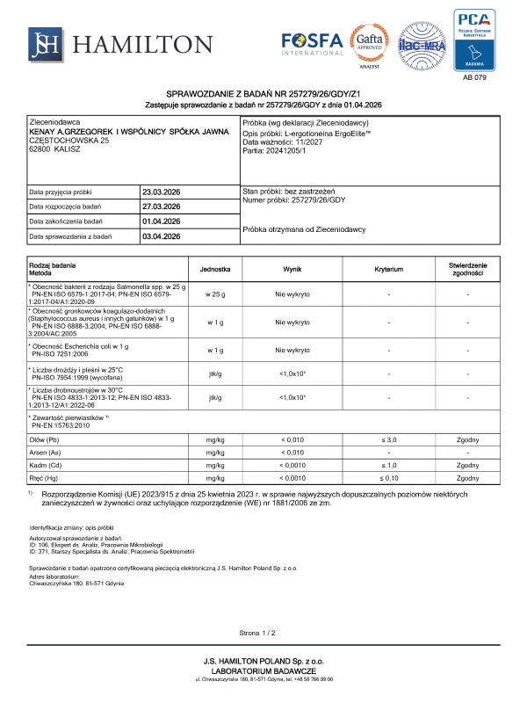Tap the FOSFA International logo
coord(313,43)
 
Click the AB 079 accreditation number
coord(473,78)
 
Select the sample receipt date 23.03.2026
coord(161,192)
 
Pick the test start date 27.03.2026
coord(161,207)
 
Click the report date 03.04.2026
coord(161,236)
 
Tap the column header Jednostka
coord(214,268)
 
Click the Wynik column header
coord(292,268)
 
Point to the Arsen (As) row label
coord(46,452)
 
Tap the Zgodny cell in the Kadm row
coord(467,465)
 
